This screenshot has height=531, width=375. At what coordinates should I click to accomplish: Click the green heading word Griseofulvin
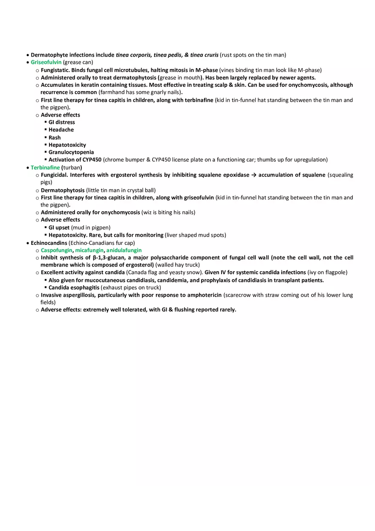(46, 62)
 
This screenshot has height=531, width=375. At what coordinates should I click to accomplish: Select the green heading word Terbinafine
(45, 167)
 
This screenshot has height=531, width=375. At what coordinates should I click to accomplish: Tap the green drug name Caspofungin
(57, 250)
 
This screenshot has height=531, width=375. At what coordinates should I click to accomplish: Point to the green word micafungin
(89, 250)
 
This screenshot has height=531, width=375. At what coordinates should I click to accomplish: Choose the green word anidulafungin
(124, 250)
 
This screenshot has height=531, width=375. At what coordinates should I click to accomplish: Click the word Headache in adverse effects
(61, 130)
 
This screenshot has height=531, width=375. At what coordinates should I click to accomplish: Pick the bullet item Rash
(55, 138)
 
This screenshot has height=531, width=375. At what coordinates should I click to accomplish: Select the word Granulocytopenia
(71, 152)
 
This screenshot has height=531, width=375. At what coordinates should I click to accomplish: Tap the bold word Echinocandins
(49, 243)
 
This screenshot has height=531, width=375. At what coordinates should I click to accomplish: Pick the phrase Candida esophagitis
(74, 287)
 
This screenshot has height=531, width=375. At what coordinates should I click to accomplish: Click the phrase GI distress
(62, 122)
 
